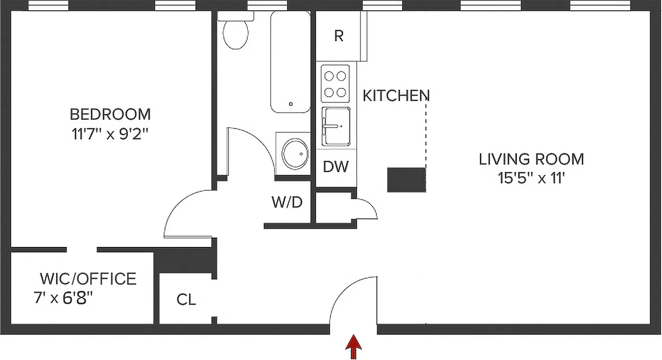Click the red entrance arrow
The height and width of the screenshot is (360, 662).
pyautogui.click(x=354, y=346)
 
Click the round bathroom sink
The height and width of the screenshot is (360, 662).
pyautogui.click(x=295, y=153)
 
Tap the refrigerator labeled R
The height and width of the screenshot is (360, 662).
pyautogui.click(x=339, y=36)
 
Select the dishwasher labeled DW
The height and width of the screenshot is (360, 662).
pyautogui.click(x=336, y=166)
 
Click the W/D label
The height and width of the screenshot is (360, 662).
pyautogui.click(x=287, y=202)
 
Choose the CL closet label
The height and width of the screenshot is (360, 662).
pyautogui.click(x=186, y=299)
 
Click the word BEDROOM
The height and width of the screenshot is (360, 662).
pyautogui.click(x=110, y=114)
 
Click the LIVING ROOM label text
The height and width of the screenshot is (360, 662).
pyautogui.click(x=531, y=159)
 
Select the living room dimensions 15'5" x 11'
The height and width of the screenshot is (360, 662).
pyautogui.click(x=531, y=179)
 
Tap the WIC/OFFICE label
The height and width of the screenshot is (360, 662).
pyautogui.click(x=88, y=279)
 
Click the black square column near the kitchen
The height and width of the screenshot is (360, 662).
pyautogui.click(x=406, y=180)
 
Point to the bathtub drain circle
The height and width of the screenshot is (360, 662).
pyautogui.click(x=291, y=104)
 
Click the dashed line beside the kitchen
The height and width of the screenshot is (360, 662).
pyautogui.click(x=426, y=135)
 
